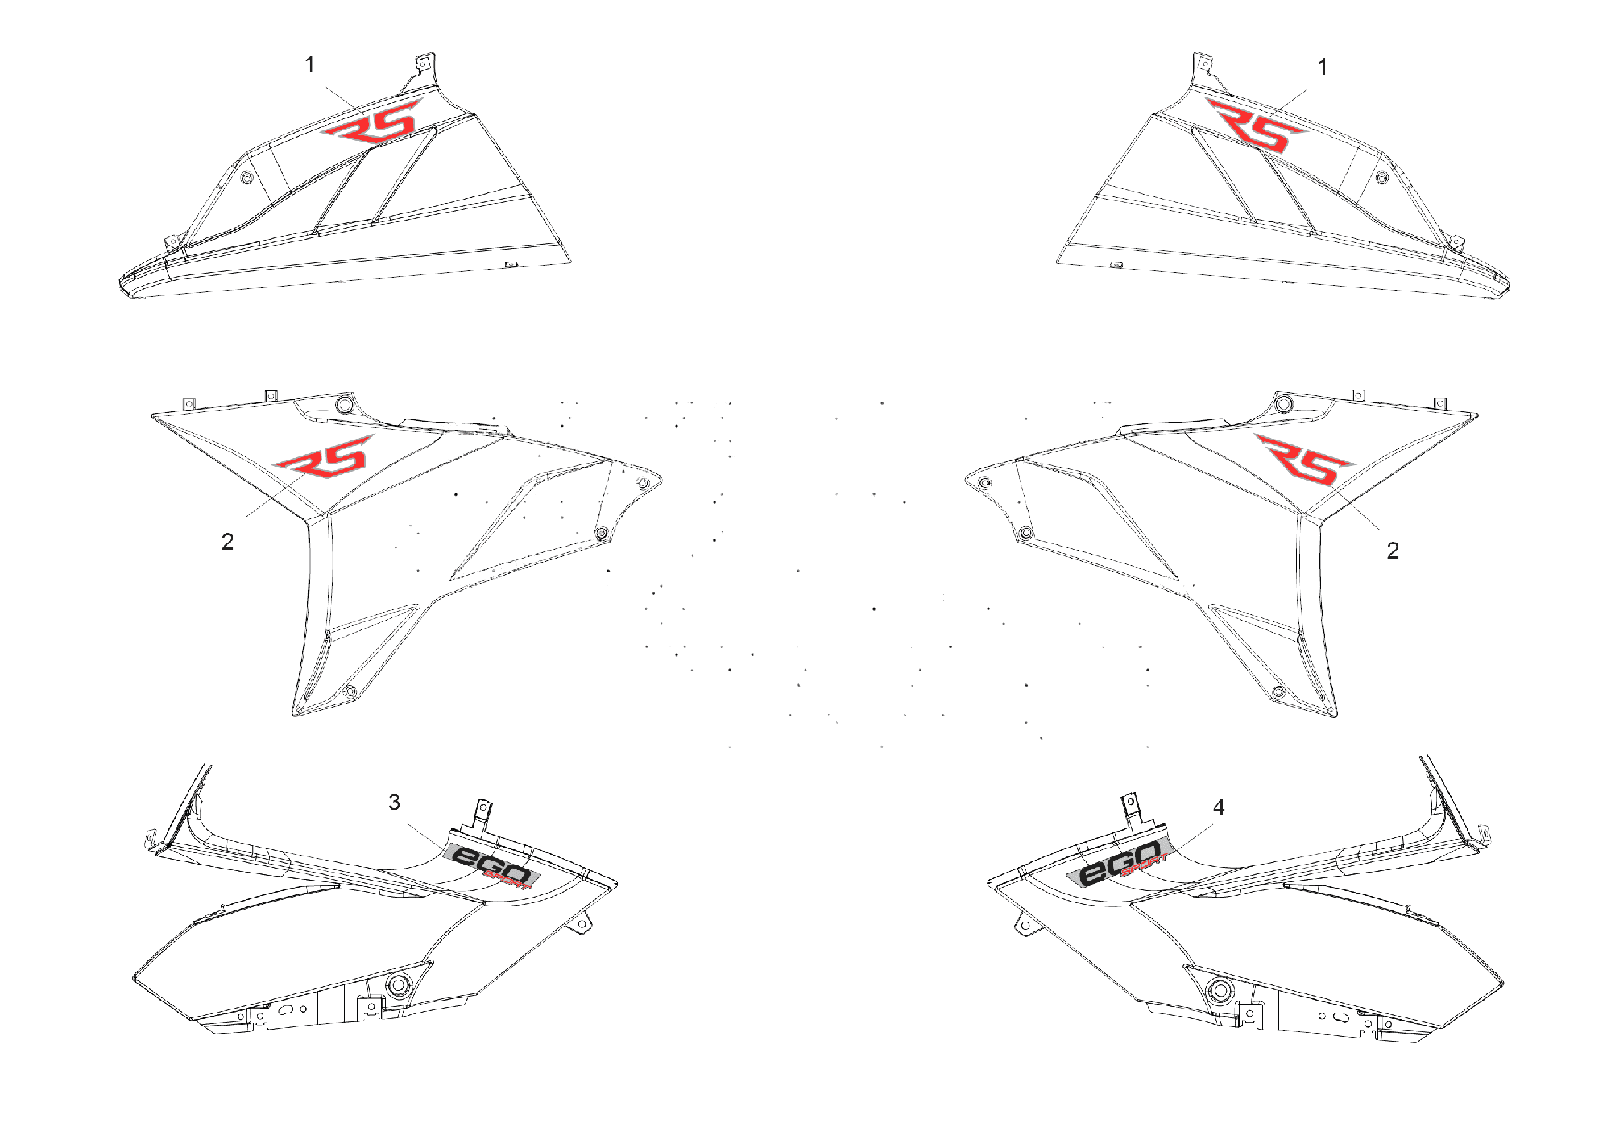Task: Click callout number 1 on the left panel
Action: [x=310, y=64]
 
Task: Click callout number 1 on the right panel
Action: [x=1322, y=68]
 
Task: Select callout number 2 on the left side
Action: [x=228, y=543]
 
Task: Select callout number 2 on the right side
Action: [x=1393, y=551]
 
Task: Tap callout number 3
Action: [x=395, y=802]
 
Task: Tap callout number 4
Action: [x=1219, y=807]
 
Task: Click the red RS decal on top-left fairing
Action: [x=372, y=123]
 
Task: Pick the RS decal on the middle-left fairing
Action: [x=324, y=457]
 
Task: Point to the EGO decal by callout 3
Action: [x=491, y=865]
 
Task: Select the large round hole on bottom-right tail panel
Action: [x=1220, y=989]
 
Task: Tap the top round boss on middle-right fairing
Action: [x=1283, y=402]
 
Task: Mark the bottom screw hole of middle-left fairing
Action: [x=350, y=691]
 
